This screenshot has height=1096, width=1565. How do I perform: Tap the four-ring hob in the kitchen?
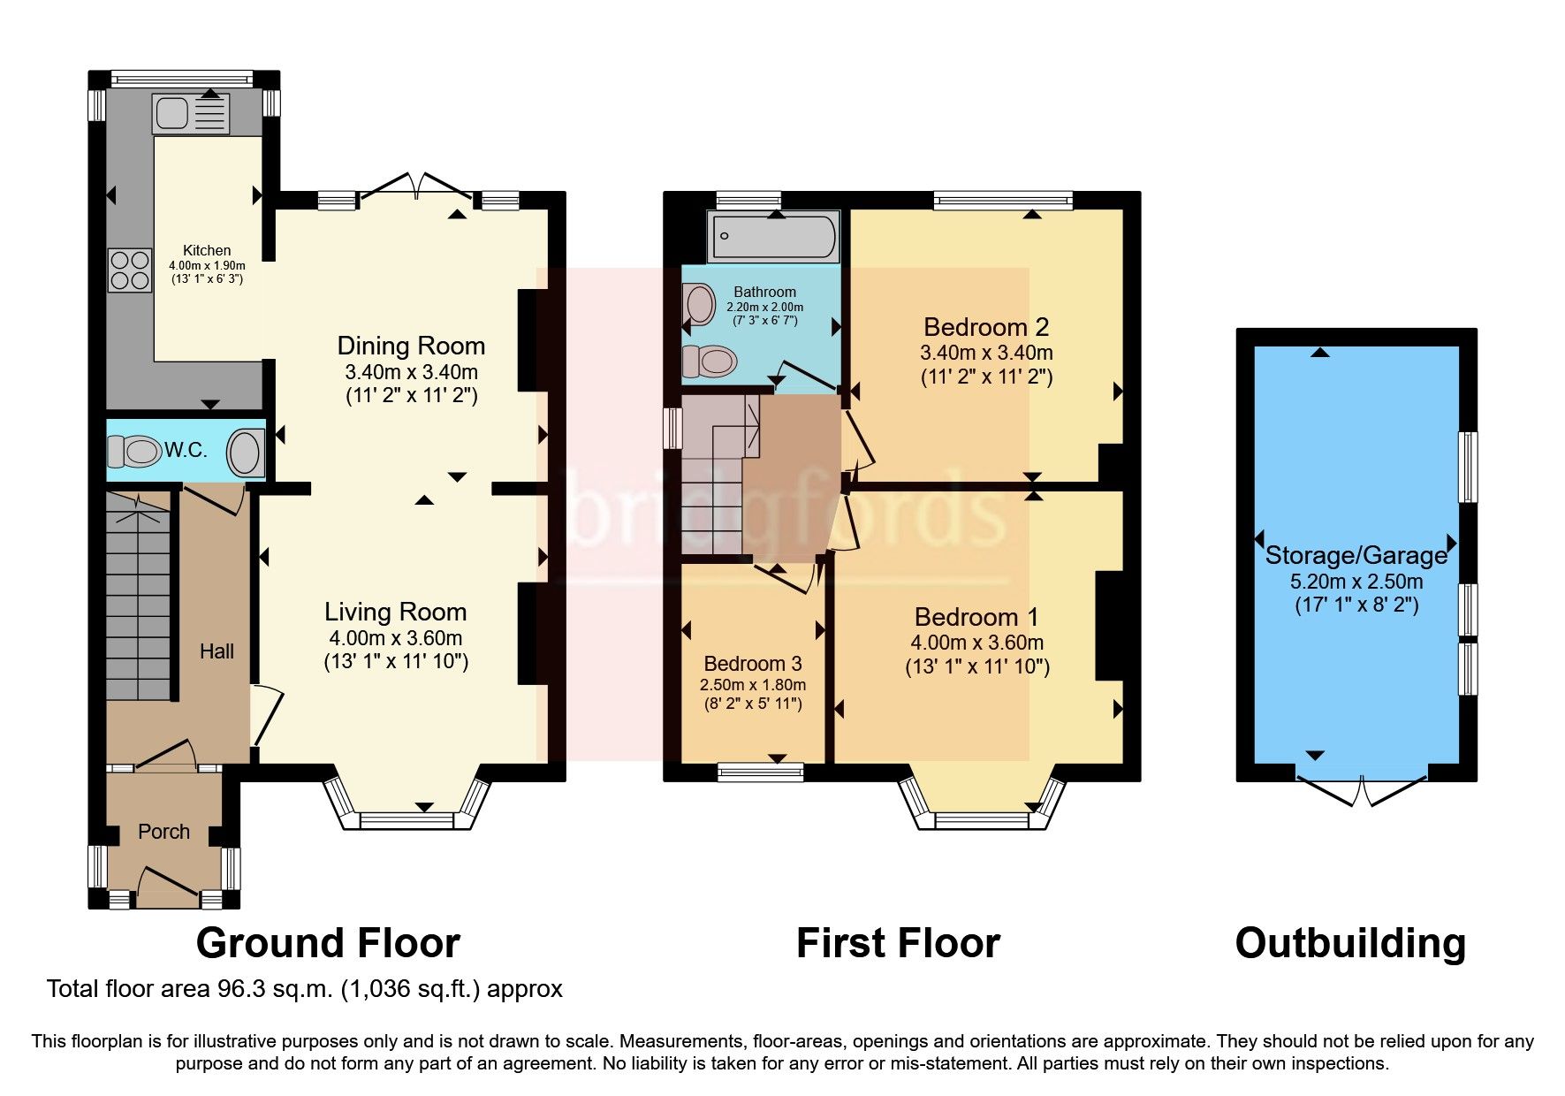(130, 270)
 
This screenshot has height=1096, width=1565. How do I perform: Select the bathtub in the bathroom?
(774, 235)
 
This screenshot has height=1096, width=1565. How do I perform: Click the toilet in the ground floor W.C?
(133, 452)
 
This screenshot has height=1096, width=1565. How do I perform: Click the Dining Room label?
(411, 346)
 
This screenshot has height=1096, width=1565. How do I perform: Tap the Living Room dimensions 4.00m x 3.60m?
(395, 637)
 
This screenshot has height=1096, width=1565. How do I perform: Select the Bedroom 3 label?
(753, 664)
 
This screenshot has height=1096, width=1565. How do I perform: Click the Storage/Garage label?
(1356, 555)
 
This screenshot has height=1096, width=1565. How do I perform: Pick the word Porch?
(163, 832)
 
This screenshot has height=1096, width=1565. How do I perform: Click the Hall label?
(217, 651)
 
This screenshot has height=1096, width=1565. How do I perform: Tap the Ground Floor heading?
(328, 943)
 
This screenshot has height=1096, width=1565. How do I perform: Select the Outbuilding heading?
(1349, 943)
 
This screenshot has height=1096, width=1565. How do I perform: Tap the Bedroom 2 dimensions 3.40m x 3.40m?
(986, 353)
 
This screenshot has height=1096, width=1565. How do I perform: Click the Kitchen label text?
(207, 250)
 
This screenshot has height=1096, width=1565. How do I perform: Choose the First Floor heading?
(898, 943)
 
